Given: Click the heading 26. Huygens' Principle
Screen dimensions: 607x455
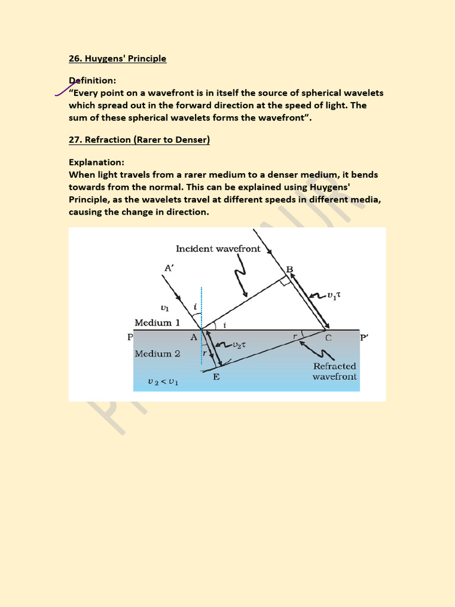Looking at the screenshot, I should click(x=117, y=59).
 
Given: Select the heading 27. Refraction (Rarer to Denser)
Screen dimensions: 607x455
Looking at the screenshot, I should click(x=139, y=140).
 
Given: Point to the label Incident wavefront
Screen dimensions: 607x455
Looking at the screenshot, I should click(x=217, y=249).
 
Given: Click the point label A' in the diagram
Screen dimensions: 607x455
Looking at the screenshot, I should click(x=169, y=268).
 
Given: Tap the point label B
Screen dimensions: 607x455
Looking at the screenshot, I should click(x=290, y=269).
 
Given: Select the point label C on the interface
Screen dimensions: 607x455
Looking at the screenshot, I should click(x=328, y=338).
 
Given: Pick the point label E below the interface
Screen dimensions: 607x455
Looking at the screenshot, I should click(x=216, y=376).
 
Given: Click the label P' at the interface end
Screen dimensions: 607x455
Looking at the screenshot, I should click(x=364, y=338).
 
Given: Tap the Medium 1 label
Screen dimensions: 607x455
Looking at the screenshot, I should click(x=157, y=323).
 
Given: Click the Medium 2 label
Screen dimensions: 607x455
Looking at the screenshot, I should click(x=157, y=354).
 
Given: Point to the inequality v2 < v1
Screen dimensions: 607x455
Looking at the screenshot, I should click(x=164, y=382).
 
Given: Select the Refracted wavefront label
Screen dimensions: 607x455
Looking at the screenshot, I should click(x=335, y=372).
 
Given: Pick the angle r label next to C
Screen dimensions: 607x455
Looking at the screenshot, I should click(x=294, y=336).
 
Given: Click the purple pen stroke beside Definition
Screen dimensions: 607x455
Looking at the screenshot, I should click(x=63, y=89).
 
